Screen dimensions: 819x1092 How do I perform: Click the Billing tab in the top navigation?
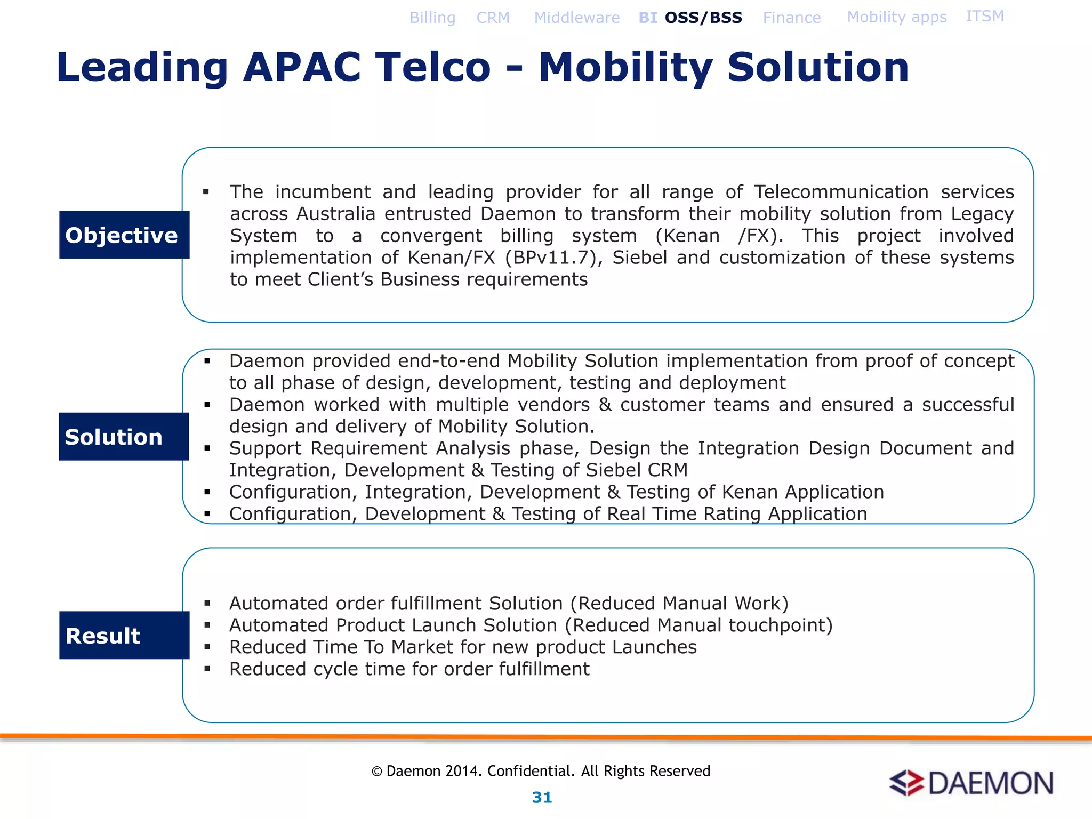coord(432,18)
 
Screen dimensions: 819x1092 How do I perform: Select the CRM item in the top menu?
coord(493,18)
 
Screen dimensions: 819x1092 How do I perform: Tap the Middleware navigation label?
coord(577,18)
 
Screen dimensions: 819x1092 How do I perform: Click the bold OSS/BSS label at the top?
coord(703,18)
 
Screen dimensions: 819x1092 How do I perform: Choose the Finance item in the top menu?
coord(792,18)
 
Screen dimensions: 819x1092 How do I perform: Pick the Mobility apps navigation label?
coord(897,17)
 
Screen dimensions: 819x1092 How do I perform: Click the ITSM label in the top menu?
coord(985,16)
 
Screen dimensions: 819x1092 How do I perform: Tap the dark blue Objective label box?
coord(124,235)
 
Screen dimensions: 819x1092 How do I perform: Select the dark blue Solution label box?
coord(124,436)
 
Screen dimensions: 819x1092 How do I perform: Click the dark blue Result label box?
coord(124,635)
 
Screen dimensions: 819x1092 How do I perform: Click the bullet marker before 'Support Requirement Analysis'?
coord(207,448)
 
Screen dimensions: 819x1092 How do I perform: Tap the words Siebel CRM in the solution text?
coord(636,470)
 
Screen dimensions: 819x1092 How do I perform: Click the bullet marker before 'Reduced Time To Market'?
coord(207,647)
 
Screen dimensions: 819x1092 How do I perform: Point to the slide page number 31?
coord(542,797)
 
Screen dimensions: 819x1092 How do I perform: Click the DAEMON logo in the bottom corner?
coord(971,783)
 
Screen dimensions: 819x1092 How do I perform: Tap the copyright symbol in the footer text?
coord(376,772)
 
